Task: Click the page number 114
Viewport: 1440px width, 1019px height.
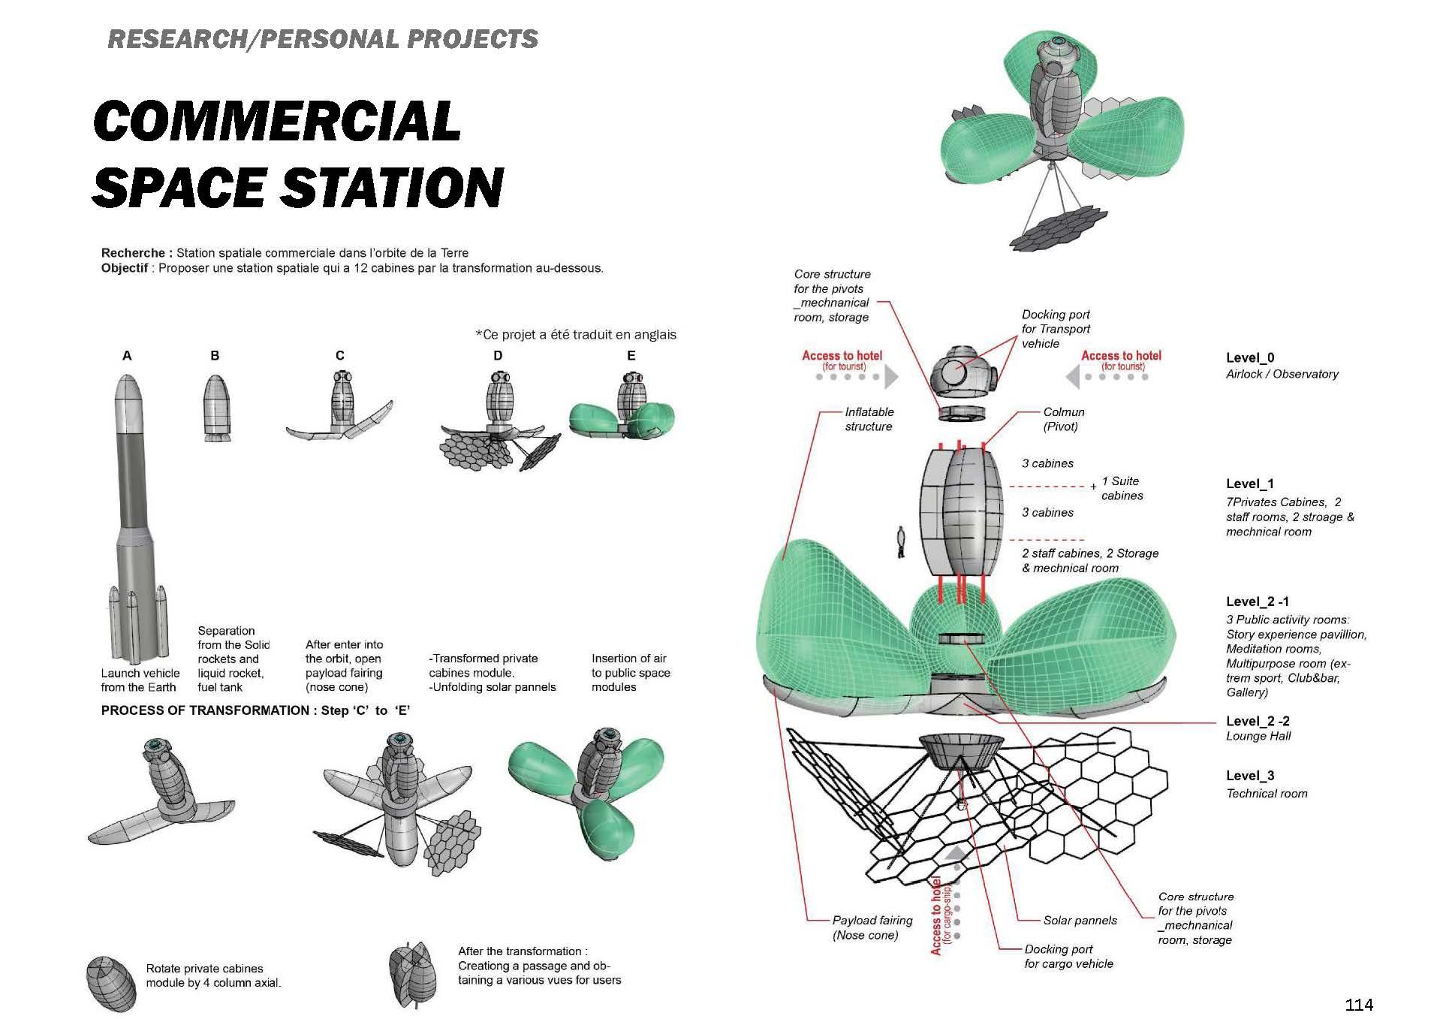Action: [1359, 1005]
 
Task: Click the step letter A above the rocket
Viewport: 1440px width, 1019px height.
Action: [127, 355]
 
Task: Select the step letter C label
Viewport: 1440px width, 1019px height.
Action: [340, 355]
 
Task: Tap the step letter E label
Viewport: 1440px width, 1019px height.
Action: [631, 355]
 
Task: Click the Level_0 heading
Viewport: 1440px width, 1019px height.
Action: [1250, 357]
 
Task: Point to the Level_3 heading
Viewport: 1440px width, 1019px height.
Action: [1250, 776]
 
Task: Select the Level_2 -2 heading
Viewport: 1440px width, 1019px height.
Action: [1258, 721]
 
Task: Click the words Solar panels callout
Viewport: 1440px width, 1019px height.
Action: [1080, 920]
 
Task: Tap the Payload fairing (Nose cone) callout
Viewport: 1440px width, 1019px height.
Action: [872, 927]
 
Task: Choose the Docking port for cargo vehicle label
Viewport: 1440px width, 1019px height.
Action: [1068, 956]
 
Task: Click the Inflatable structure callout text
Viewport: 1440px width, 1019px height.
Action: [869, 419]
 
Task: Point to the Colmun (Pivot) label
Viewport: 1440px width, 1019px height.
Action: [1063, 419]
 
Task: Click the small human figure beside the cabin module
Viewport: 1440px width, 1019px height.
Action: [902, 541]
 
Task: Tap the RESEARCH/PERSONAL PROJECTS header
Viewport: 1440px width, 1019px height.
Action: [323, 39]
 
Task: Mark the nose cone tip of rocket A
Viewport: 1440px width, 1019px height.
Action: [128, 378]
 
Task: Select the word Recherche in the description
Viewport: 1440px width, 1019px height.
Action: [133, 253]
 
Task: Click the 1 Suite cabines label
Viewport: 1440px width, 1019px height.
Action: [1122, 488]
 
